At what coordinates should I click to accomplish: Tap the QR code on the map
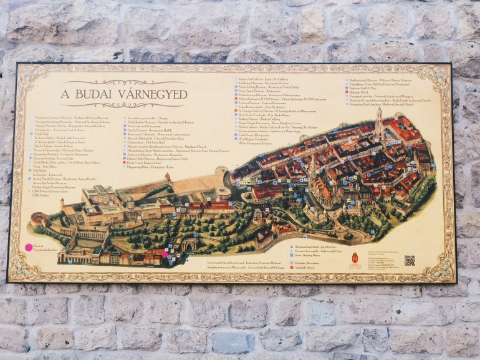(x=409, y=260)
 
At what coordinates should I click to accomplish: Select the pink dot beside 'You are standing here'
(x=28, y=247)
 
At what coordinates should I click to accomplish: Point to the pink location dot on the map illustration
(x=165, y=253)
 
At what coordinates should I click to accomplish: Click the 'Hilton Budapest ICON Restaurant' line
(x=274, y=99)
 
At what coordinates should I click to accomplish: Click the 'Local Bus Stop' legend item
(x=315, y=247)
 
